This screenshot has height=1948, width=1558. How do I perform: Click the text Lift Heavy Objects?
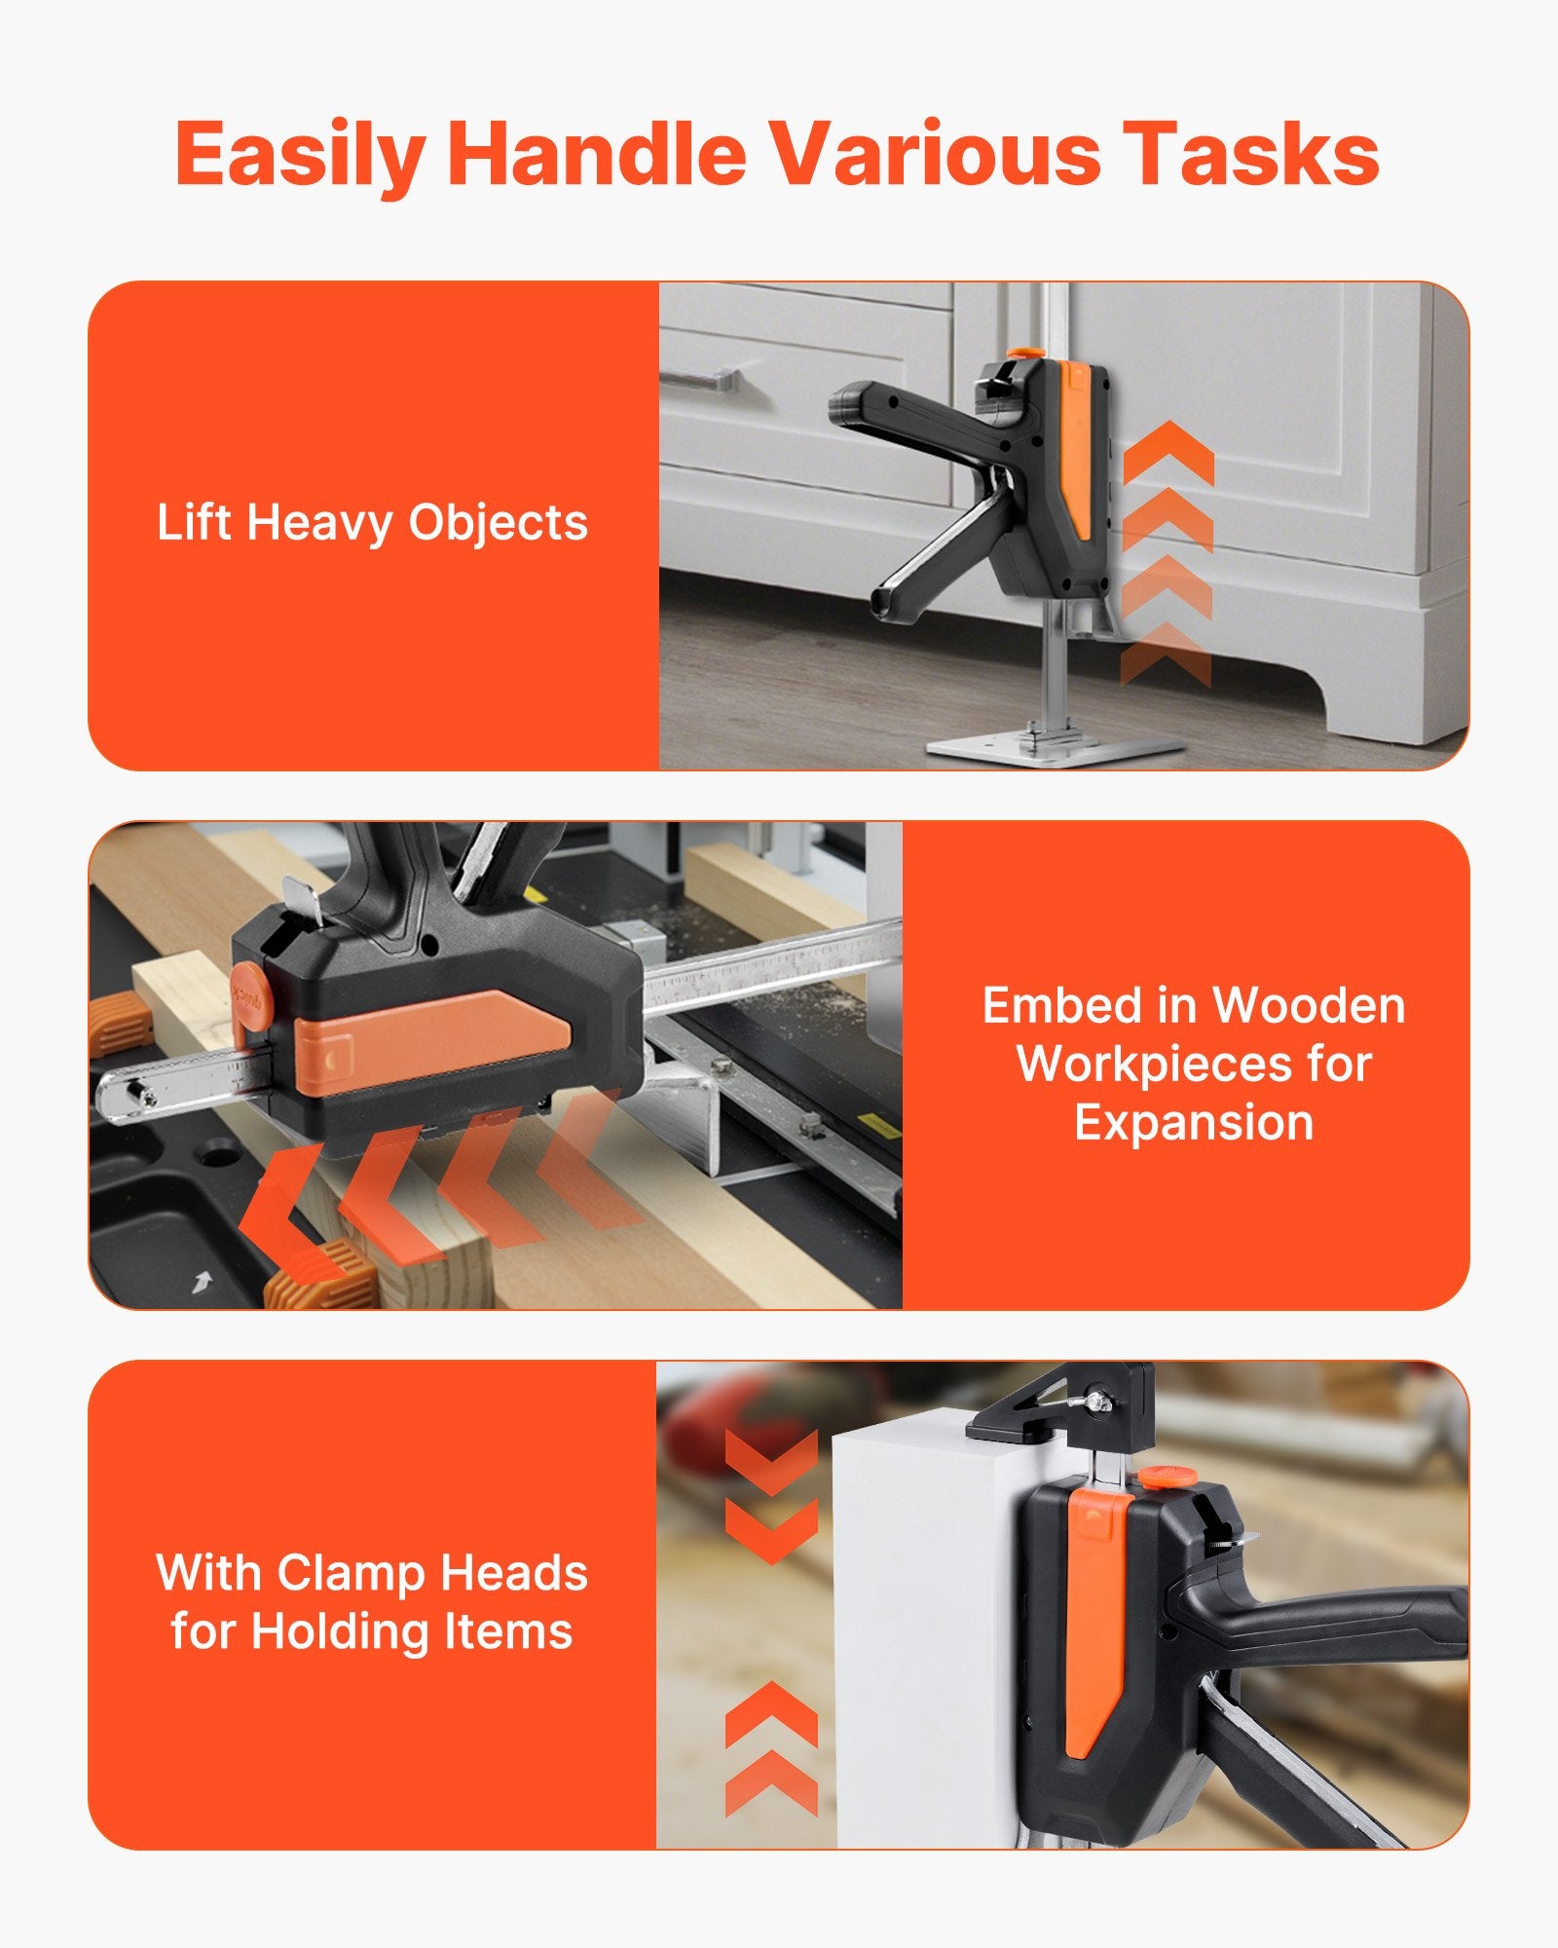tap(372, 523)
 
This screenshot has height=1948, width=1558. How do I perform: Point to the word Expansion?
tap(1194, 1123)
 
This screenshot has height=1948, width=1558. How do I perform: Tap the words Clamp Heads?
tap(432, 1572)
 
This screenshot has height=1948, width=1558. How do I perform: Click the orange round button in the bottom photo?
tap(1168, 1478)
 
